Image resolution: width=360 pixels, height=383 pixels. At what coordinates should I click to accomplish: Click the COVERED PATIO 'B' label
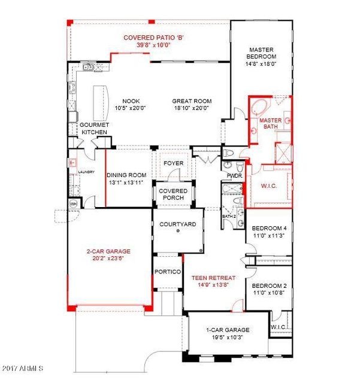[153, 38]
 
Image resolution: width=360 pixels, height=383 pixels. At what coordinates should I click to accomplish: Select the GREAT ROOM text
[192, 101]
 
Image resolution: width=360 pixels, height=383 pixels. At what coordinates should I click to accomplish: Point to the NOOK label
[131, 101]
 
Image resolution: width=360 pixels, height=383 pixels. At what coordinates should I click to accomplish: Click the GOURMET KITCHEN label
[94, 128]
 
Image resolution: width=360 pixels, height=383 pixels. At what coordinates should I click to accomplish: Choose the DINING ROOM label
[127, 175]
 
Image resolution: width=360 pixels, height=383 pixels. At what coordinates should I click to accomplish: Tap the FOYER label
[174, 163]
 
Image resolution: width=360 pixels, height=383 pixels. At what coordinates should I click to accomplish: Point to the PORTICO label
[168, 272]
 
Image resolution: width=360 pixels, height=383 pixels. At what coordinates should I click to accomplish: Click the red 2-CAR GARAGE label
[108, 251]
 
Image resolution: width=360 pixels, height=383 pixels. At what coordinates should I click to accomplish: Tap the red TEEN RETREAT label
[214, 278]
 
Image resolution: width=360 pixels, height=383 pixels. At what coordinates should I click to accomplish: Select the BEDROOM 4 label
[269, 229]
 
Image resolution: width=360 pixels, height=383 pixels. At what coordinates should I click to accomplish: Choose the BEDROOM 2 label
[269, 286]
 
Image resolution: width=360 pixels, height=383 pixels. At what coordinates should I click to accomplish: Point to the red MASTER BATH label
[270, 123]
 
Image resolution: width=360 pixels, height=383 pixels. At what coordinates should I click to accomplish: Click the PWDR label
[234, 176]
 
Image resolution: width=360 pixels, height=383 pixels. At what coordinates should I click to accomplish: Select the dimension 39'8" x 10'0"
[153, 44]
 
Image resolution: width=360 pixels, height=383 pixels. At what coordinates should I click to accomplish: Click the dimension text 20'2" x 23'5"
[108, 259]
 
